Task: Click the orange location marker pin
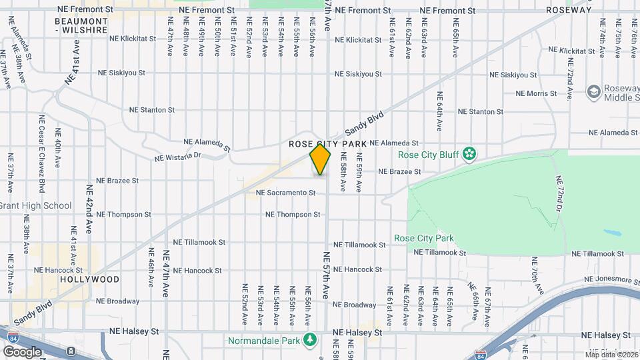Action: click(x=321, y=159)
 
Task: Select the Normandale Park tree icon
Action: click(x=309, y=341)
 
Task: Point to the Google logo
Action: click(x=22, y=351)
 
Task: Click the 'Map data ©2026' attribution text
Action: click(x=612, y=354)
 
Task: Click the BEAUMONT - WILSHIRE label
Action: click(x=81, y=26)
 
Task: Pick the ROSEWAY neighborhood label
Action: click(x=569, y=11)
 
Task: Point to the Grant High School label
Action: click(x=35, y=205)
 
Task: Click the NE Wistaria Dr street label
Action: click(x=177, y=157)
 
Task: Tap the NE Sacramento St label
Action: click(x=285, y=193)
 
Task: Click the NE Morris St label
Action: click(x=536, y=93)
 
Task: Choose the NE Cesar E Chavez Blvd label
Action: click(x=41, y=150)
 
